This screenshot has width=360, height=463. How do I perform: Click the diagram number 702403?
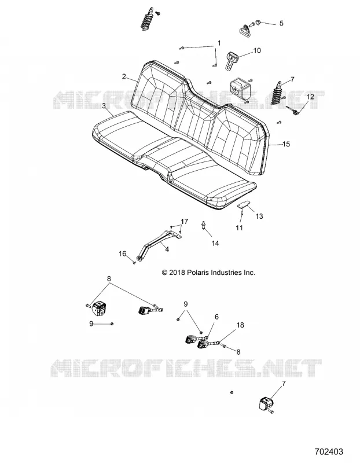point(329,452)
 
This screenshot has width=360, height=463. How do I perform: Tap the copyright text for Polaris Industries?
point(208,273)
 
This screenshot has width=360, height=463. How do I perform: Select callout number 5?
point(281,23)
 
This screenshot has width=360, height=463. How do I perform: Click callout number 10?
point(257,50)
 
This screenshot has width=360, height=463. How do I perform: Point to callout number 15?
point(286,144)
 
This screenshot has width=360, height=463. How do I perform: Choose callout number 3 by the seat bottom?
point(104,106)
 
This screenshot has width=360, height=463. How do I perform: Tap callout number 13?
point(259,216)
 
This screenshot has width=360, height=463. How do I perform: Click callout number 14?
point(215,243)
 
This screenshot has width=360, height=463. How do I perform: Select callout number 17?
point(184,222)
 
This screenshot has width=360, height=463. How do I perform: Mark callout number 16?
point(123,253)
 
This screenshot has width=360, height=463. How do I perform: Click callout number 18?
point(240,325)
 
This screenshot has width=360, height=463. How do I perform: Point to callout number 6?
point(217,317)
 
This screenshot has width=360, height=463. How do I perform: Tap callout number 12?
point(310,97)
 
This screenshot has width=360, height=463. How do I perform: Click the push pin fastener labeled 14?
point(204,225)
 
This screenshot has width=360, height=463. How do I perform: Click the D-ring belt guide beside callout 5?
point(245,30)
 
